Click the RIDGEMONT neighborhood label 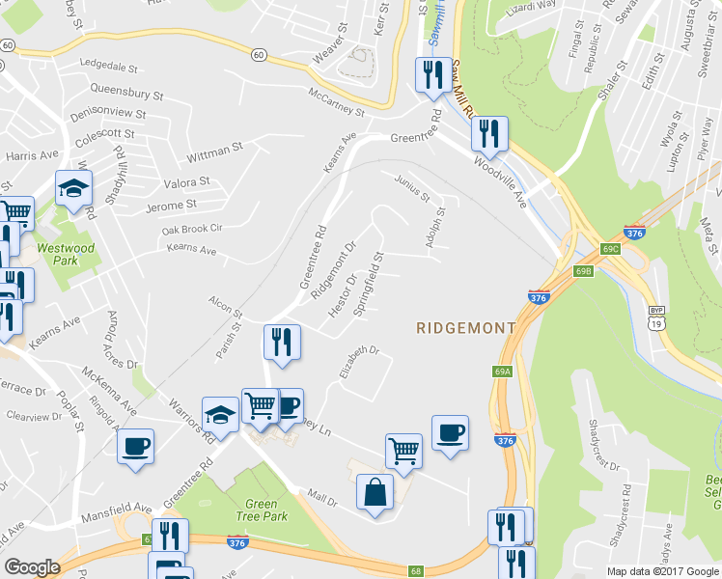coord(465,328)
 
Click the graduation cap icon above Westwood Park coord(73,189)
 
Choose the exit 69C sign coord(610,249)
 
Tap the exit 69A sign coord(501,372)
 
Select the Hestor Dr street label coord(343,297)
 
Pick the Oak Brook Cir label coord(192,229)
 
